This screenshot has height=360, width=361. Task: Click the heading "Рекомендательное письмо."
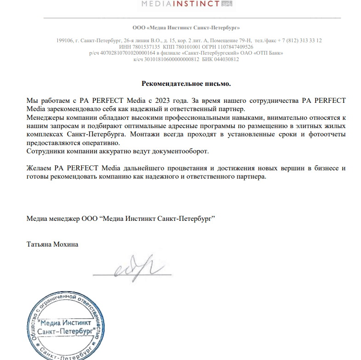click(x=186, y=84)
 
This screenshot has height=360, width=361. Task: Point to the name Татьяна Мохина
click(x=53, y=244)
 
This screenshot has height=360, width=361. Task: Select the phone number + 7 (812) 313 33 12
click(x=295, y=40)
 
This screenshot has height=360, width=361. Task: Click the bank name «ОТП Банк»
click(x=267, y=53)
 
